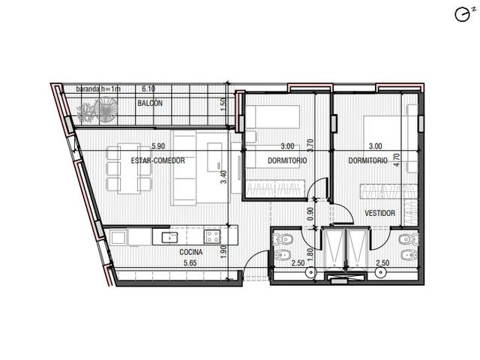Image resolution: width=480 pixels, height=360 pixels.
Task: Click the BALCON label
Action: pyautogui.click(x=150, y=103)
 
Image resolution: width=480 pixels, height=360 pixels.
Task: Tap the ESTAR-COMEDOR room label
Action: pyautogui.click(x=157, y=160)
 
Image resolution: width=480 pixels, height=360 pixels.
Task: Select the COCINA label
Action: pyautogui.click(x=191, y=252)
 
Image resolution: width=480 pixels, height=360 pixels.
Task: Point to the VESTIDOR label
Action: pyautogui.click(x=380, y=213)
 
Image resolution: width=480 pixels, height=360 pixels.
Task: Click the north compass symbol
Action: pyautogui.click(x=463, y=14)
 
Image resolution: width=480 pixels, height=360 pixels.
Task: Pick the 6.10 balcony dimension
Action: pyautogui.click(x=148, y=88)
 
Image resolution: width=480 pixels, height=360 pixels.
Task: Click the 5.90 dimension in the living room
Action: pyautogui.click(x=158, y=146)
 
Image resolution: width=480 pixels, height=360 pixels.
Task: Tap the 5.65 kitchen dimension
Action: pyautogui.click(x=190, y=262)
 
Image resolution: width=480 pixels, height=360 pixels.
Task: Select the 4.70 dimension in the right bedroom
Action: pyautogui.click(x=397, y=160)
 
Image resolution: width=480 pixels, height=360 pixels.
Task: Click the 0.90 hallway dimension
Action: pyautogui.click(x=310, y=214)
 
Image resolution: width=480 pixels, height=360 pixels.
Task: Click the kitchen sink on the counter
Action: pyautogui.click(x=169, y=237)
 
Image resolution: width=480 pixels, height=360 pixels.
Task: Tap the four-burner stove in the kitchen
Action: pyautogui.click(x=212, y=237)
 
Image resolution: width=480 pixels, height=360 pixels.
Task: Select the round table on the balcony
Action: pyautogui.click(x=105, y=110)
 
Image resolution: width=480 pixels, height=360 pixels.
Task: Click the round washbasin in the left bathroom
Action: pyautogui.click(x=311, y=271)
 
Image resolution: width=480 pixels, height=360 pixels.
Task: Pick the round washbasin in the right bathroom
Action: pyautogui.click(x=380, y=271)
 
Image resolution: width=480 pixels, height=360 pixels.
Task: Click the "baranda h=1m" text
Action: pyautogui.click(x=98, y=89)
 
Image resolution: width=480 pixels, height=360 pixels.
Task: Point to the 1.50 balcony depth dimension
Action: pyautogui.click(x=223, y=102)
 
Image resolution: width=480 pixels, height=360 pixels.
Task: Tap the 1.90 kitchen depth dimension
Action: pyautogui.click(x=223, y=252)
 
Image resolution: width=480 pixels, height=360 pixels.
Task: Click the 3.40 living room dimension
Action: pyautogui.click(x=223, y=177)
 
